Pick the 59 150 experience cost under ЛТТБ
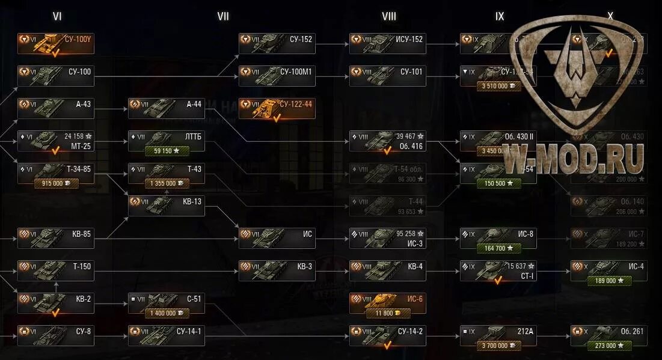(167, 151)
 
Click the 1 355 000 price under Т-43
(167, 183)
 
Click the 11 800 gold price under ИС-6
(388, 313)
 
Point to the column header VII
(223, 16)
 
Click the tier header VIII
(389, 16)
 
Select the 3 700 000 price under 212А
(498, 346)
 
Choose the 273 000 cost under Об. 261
(609, 346)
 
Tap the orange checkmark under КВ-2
(55, 313)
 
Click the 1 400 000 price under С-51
(167, 313)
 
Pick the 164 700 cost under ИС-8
(498, 248)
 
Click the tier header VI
(57, 16)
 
